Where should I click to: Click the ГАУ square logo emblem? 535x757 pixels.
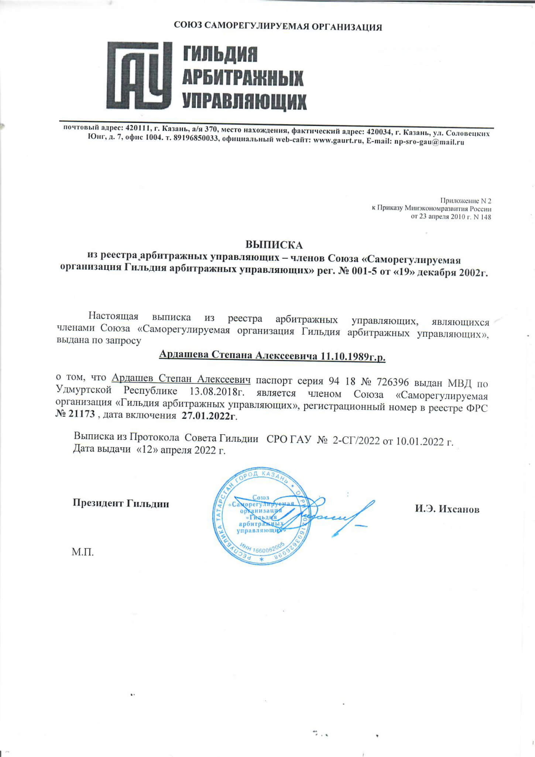click(140, 75)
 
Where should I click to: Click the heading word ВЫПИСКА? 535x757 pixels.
click(274, 245)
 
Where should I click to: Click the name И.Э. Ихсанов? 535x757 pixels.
click(447, 509)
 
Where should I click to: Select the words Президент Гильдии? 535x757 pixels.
click(121, 503)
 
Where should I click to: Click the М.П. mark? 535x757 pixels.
click(83, 552)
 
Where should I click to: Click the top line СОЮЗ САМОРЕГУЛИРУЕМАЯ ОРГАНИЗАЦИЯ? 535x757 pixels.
click(278, 27)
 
